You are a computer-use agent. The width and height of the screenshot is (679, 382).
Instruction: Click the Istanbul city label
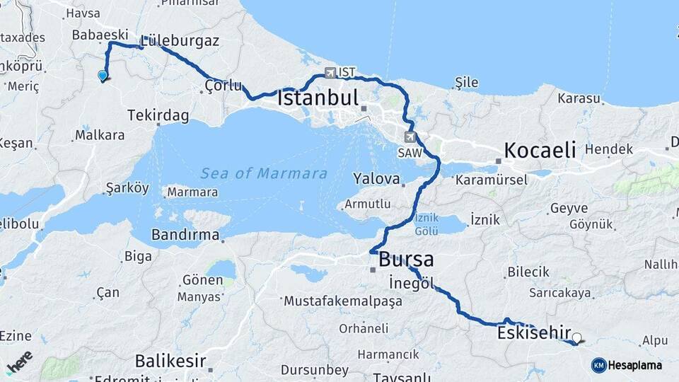coord(318,98)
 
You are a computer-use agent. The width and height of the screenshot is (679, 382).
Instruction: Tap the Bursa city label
coord(406,259)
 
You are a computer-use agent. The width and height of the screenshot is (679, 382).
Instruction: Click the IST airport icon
coord(330,72)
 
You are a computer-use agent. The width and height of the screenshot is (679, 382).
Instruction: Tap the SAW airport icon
coord(411,137)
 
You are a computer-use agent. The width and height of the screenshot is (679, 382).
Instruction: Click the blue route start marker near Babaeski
coord(103,76)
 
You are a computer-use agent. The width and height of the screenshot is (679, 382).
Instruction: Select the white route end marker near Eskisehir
coord(577,338)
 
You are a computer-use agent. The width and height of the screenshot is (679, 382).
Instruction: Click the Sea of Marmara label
coord(264,173)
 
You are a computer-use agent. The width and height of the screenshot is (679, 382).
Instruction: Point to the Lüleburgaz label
coord(180,40)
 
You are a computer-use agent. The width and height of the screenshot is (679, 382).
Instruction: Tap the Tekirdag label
coord(158,115)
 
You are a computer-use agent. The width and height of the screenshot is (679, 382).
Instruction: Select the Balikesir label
coord(170,361)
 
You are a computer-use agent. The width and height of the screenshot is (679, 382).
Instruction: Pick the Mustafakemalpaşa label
coord(343,301)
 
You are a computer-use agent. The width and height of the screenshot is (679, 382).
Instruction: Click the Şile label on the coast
coord(466,83)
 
